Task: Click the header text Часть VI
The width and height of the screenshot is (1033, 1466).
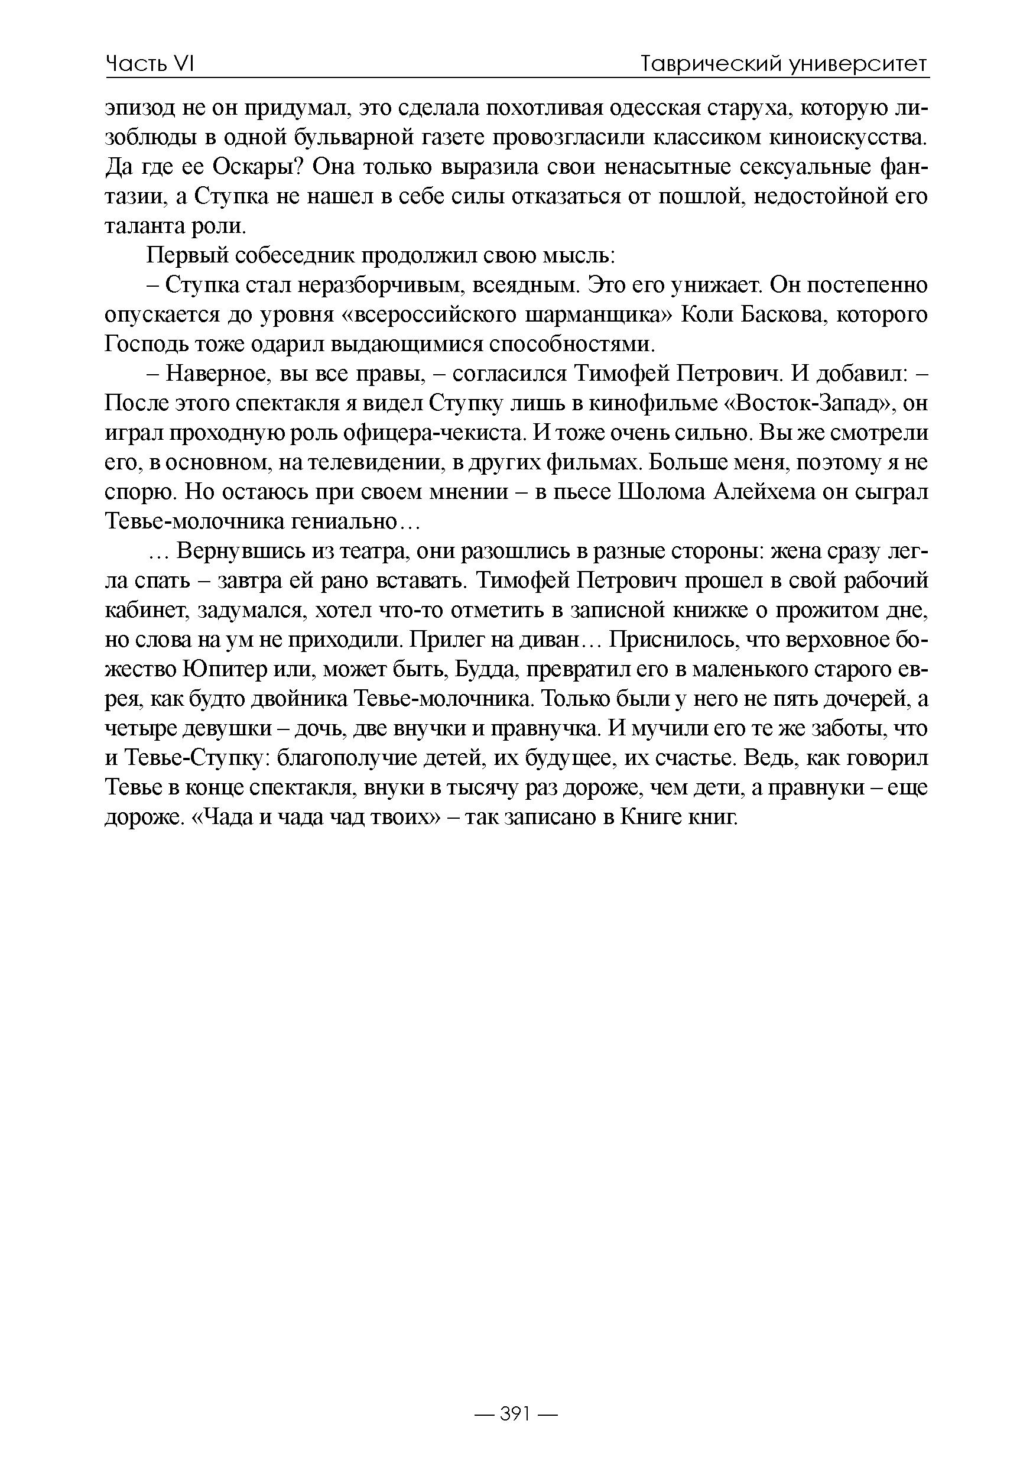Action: point(150,64)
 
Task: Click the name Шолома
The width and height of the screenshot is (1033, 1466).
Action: point(660,493)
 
